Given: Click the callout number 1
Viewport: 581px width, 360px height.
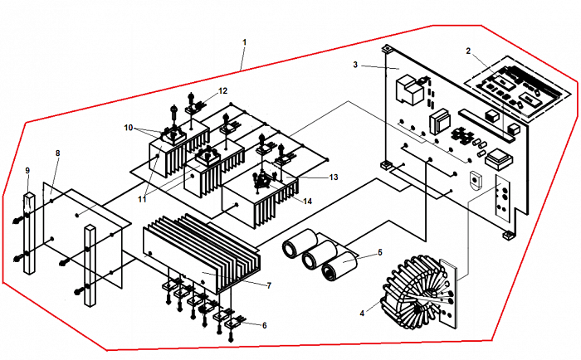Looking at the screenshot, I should click(244, 41).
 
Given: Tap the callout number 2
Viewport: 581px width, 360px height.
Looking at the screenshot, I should click(469, 51).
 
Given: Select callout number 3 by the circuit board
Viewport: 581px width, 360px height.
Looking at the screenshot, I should click(355, 64).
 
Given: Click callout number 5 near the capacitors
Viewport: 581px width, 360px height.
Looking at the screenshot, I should click(379, 252).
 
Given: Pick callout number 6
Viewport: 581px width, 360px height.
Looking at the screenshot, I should click(265, 326).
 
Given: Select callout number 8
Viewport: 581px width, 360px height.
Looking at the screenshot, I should click(57, 153).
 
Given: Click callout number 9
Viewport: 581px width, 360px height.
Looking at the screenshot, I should click(27, 171).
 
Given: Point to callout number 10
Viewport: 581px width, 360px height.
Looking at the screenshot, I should click(129, 128).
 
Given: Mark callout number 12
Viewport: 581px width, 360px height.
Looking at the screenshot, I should click(223, 90).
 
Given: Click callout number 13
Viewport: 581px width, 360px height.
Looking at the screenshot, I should click(310, 177).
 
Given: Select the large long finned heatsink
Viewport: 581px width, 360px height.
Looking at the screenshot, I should click(203, 249).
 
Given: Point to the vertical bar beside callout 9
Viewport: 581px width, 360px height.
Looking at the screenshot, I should click(30, 232).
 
